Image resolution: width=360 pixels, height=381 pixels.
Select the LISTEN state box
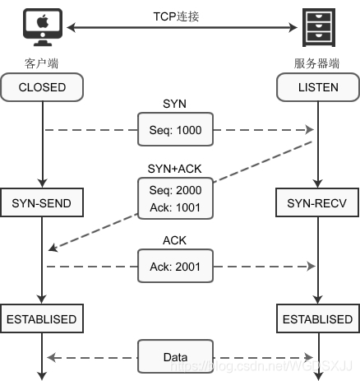click(x=316, y=86)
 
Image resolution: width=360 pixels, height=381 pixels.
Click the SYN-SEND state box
click(x=40, y=201)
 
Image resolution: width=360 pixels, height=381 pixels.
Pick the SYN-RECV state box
click(x=316, y=201)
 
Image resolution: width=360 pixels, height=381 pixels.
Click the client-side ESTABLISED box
click(x=40, y=318)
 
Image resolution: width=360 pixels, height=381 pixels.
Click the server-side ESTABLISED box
click(x=316, y=318)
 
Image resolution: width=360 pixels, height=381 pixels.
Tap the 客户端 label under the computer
click(x=40, y=63)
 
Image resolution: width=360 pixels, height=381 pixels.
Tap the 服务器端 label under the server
click(x=316, y=63)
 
